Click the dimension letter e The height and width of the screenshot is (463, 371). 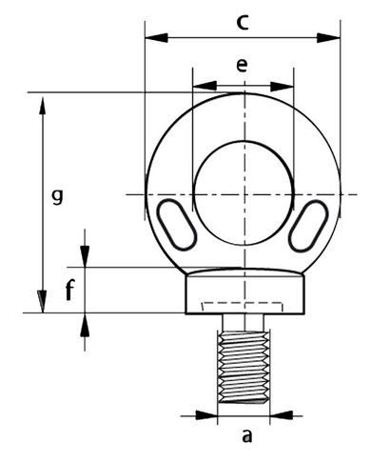point(242,66)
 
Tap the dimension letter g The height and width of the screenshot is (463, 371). point(57,197)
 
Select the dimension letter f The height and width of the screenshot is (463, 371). point(69,292)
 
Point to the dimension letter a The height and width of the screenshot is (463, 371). point(247,437)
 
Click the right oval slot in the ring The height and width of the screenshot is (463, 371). point(309,226)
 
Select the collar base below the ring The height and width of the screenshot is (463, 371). point(244,292)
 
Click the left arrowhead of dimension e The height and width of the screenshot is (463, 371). point(201,86)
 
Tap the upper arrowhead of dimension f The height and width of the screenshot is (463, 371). point(86,257)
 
